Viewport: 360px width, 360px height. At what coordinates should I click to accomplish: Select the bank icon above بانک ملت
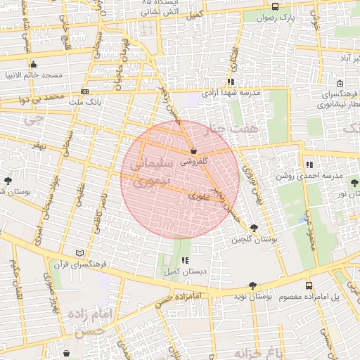coord(85,91)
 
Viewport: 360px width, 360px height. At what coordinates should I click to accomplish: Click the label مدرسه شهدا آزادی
coord(231,93)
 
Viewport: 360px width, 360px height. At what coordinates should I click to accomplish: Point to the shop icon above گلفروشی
coord(193,150)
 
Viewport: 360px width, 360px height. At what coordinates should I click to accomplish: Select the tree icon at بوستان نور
coord(352,181)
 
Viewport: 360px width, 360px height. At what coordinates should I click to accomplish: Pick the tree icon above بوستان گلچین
coord(254,228)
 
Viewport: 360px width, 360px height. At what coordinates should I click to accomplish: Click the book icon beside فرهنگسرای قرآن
coord(79,253)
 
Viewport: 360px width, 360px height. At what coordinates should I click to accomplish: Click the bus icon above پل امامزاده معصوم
coord(309,285)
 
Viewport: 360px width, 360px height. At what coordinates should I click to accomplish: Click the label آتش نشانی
coord(158,13)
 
